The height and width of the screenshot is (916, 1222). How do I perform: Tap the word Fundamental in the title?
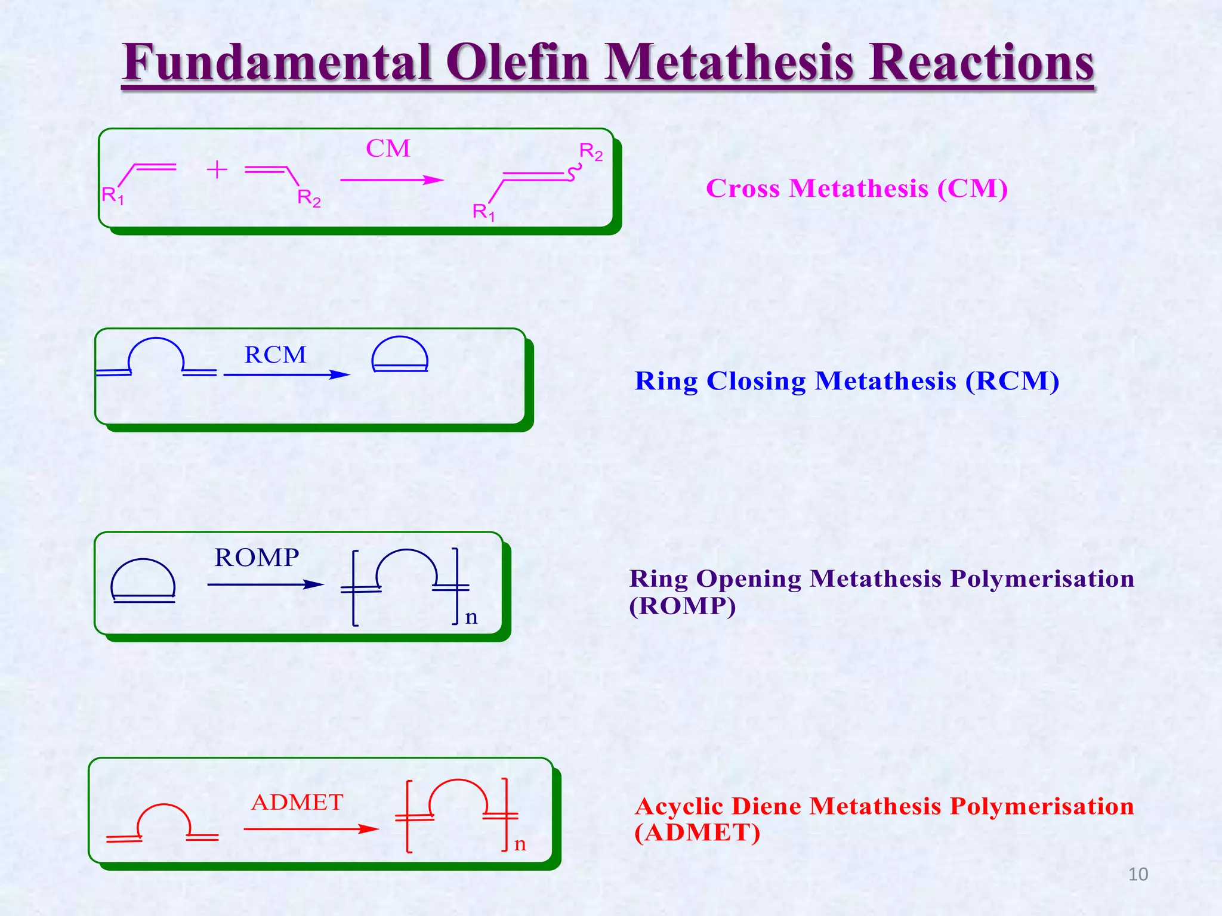coord(277,63)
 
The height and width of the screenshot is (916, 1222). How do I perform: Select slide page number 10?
coord(1138,874)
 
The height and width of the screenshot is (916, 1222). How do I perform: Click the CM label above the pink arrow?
coord(388,148)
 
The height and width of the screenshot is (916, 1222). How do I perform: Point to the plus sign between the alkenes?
coord(217,170)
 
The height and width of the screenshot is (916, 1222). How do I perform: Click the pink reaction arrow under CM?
coord(391,180)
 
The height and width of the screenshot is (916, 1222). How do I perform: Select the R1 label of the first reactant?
coord(112,196)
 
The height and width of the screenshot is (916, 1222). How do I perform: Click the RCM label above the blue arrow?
coord(275,355)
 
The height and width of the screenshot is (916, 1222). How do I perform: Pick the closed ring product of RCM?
coord(400,355)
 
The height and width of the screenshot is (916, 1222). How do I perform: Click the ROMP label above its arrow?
coord(257,558)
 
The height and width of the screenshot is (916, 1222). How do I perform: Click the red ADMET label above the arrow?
coord(297,803)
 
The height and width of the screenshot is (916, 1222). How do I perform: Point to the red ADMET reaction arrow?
coord(310,829)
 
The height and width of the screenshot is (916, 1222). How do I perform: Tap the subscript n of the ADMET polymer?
coord(520,844)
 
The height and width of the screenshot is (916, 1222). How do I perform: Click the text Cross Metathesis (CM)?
coord(857,188)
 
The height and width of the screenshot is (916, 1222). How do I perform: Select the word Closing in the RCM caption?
coord(755,381)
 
